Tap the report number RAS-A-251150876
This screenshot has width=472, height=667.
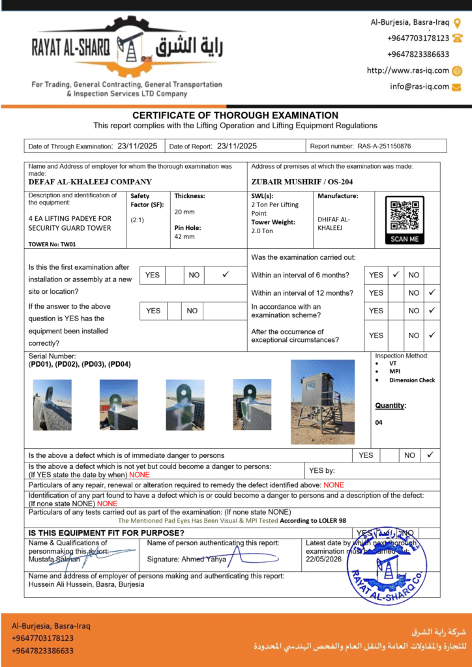pyautogui.click(x=384, y=147)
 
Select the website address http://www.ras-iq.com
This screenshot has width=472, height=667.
pyautogui.click(x=408, y=70)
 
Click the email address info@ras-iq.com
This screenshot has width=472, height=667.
pyautogui.click(x=419, y=86)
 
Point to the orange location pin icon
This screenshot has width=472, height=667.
pyautogui.click(x=458, y=23)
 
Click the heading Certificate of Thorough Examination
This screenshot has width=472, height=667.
pyautogui.click(x=235, y=115)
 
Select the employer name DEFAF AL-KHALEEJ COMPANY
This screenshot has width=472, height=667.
pyautogui.click(x=90, y=182)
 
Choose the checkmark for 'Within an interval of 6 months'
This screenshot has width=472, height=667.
pyautogui.click(x=395, y=275)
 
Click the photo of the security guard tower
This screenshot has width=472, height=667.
pyautogui.click(x=323, y=401)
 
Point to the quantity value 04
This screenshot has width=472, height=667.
pyautogui.click(x=379, y=422)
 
